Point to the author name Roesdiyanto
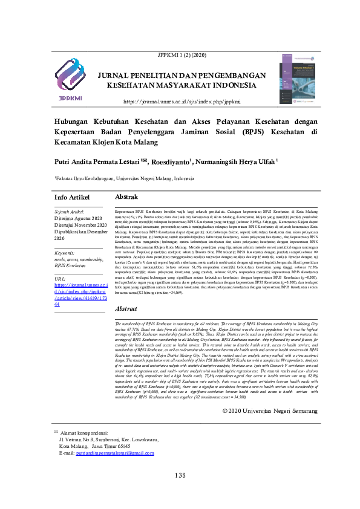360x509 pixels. [172, 161]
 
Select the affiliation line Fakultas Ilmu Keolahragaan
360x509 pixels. [125, 179]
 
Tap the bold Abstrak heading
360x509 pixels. [126, 198]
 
